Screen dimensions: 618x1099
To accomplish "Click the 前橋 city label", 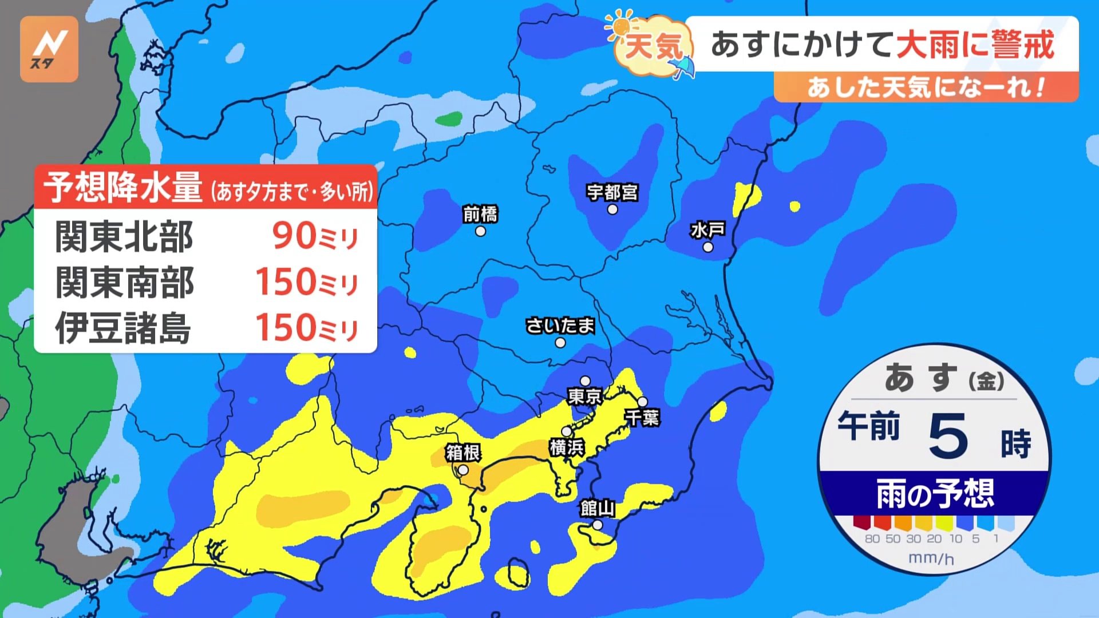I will tap(480, 214).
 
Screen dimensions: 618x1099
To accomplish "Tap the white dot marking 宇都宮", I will tap(612, 209).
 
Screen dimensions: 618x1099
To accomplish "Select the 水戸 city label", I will tap(708, 230).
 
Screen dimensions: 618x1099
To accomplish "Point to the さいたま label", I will tap(560, 326).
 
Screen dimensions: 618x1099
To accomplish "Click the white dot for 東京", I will tap(585, 381).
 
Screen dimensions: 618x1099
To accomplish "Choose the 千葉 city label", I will tap(643, 418).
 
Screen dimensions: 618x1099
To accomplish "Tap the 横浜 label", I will tap(567, 447).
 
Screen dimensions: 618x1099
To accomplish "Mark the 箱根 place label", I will tap(463, 453).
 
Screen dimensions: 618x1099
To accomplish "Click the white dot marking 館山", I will tap(598, 525).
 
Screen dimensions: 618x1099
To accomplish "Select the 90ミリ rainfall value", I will tap(315, 236).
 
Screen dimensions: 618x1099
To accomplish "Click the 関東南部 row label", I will tap(124, 282).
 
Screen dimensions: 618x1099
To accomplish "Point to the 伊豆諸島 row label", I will tap(123, 328).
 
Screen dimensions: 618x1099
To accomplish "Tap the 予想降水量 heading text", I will tap(123, 187).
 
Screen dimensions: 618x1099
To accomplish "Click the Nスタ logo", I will tap(49, 49).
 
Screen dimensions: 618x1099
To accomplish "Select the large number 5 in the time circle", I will tap(948, 436).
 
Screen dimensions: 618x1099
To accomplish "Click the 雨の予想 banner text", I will tap(935, 494).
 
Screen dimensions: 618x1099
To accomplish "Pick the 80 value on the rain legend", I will tap(872, 539).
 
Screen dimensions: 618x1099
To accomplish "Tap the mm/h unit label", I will tap(931, 558).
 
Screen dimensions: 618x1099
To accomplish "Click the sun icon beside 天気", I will tap(621, 26).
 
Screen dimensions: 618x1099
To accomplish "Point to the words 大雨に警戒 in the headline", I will tap(975, 45).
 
